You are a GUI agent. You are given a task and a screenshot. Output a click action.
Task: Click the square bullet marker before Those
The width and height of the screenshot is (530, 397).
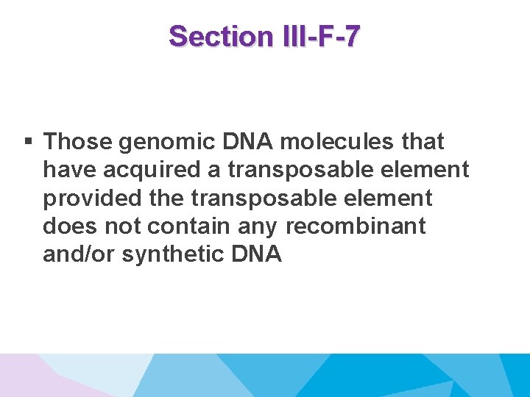[x=27, y=141]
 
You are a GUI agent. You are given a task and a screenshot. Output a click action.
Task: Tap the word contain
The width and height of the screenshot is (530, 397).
[x=196, y=226]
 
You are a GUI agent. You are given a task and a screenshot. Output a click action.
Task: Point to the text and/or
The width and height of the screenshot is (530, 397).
[x=79, y=254]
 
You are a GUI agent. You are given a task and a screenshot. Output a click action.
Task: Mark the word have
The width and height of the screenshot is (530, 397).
[x=68, y=170]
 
